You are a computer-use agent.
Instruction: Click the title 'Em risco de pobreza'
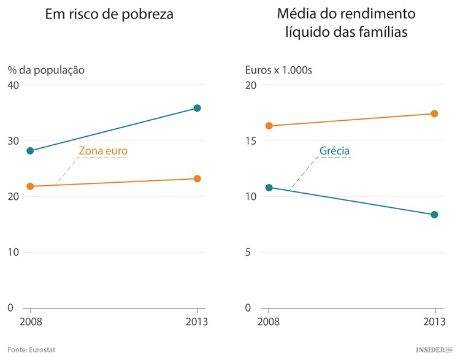pyautogui.click(x=109, y=15)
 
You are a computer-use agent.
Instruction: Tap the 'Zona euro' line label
pyautogui.click(x=103, y=151)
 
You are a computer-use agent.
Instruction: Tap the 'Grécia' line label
pyautogui.click(x=334, y=151)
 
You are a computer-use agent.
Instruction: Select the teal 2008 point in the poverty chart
pyautogui.click(x=30, y=151)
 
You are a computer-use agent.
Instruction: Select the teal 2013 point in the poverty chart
pyautogui.click(x=197, y=108)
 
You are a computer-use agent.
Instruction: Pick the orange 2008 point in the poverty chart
pyautogui.click(x=30, y=186)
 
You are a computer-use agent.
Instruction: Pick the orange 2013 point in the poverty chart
pyautogui.click(x=197, y=178)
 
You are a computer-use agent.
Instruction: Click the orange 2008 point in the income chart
pyautogui.click(x=269, y=126)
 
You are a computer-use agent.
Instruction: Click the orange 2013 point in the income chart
pyautogui.click(x=434, y=113)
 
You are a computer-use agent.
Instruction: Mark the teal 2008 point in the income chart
pyautogui.click(x=269, y=188)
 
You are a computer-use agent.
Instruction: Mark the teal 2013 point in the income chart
pyautogui.click(x=434, y=215)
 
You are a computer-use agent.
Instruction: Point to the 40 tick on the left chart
pyautogui.click(x=13, y=85)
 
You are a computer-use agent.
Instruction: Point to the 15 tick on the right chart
pyautogui.click(x=250, y=140)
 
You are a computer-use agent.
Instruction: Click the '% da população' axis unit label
pyautogui.click(x=46, y=70)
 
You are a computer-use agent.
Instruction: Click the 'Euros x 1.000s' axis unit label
pyautogui.click(x=279, y=70)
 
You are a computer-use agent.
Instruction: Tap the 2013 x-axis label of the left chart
pyautogui.click(x=196, y=322)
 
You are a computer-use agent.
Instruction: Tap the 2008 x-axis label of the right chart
pyautogui.click(x=269, y=322)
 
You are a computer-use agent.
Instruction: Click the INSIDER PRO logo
pyautogui.click(x=434, y=349)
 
